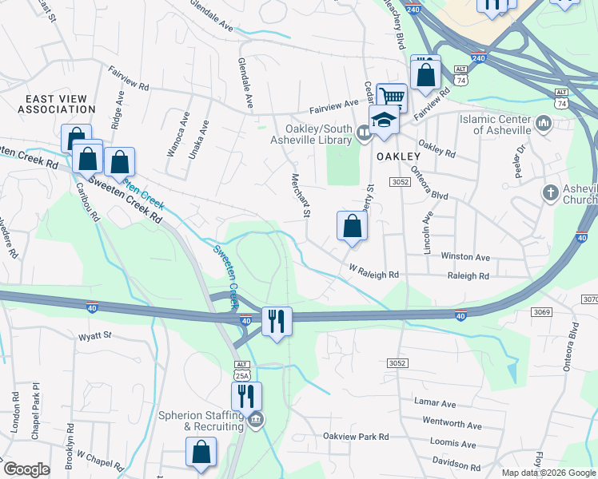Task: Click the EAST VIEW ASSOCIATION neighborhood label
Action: coord(51,103)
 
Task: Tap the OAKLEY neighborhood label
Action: coord(399,156)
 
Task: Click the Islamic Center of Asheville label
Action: coord(496,125)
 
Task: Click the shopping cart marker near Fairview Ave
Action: coord(392,97)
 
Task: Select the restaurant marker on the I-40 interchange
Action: coord(277,322)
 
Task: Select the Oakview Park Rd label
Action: coord(355,437)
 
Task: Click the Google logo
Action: coord(26,469)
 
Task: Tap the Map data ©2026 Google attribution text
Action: coord(549,473)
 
